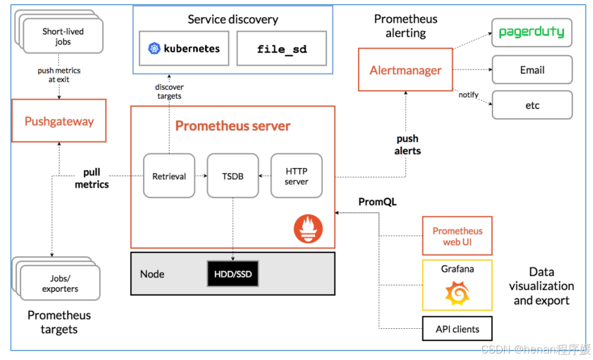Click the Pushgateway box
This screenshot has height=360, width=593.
point(59,121)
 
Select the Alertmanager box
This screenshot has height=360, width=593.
point(405,70)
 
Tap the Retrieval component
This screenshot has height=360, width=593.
point(169,176)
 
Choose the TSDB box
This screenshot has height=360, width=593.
point(233,176)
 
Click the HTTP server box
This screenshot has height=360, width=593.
point(297,176)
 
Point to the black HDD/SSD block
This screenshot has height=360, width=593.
point(233,274)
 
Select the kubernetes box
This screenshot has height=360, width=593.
point(184,48)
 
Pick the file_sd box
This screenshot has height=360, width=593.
point(281,48)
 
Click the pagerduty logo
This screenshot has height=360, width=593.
point(531,32)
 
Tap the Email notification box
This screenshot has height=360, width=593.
point(532,70)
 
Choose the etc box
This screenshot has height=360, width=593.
point(532,105)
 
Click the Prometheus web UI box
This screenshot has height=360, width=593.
point(457,236)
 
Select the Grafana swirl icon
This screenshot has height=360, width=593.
point(458,293)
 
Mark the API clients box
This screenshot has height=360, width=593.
point(457,329)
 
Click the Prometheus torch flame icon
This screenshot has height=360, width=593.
point(308,229)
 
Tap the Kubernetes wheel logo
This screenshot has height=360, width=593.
point(154,48)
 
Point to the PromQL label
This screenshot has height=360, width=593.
point(377,202)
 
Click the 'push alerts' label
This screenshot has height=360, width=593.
point(408,144)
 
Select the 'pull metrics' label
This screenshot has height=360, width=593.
point(91,179)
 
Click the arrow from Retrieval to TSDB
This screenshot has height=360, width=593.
point(201,176)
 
